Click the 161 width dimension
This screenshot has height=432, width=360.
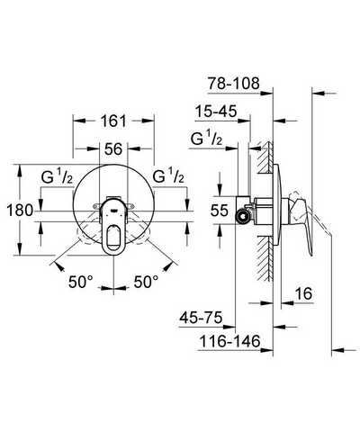pos(113,121)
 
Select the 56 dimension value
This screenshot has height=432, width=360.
pos(113,148)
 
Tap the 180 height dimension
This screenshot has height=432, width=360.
pos(20,210)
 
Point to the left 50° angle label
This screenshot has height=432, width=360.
pos(81,282)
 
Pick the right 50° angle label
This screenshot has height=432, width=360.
pos(146,282)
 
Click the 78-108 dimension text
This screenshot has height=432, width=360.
pos(234,83)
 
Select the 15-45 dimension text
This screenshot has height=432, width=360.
pos(216,112)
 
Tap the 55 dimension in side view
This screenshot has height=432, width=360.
pos(220,211)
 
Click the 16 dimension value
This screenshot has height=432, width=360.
pos(303,293)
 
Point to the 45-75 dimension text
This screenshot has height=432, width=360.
pos(201,318)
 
